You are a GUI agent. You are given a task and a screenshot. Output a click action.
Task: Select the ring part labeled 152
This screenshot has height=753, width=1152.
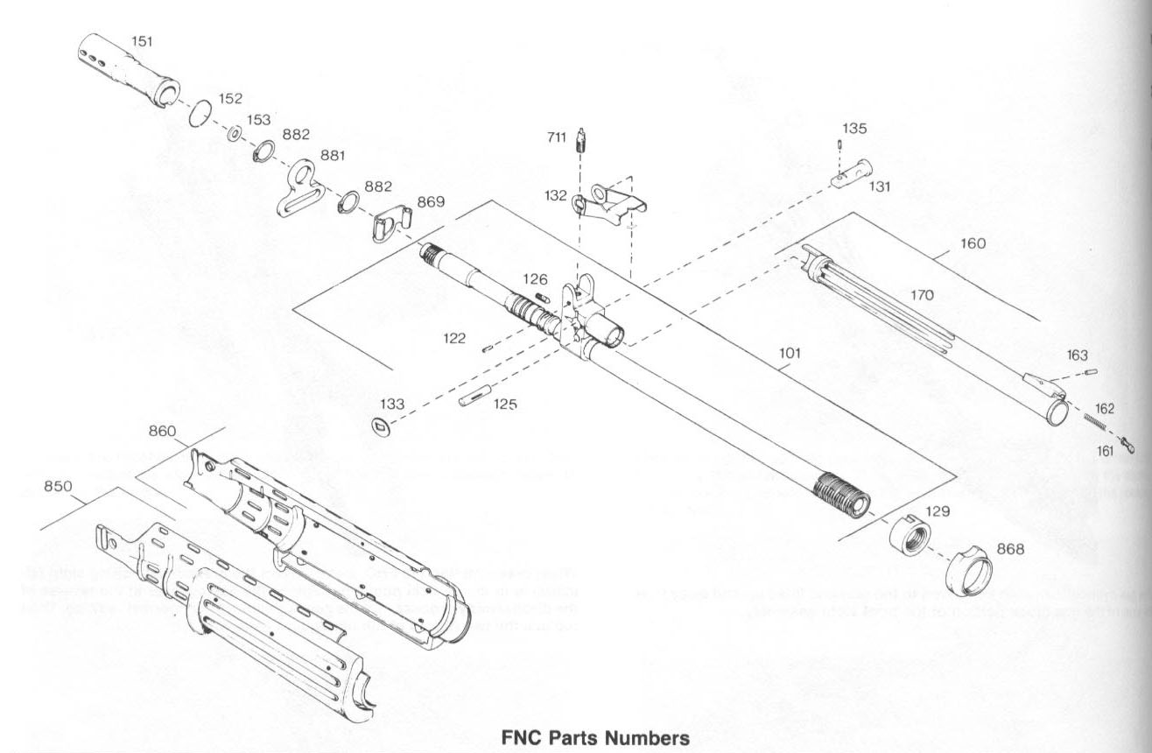pos(201,113)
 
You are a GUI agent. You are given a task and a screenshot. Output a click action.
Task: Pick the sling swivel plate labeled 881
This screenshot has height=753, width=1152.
pos(299,186)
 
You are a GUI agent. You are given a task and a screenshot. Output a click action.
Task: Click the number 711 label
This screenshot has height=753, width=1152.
pos(556,137)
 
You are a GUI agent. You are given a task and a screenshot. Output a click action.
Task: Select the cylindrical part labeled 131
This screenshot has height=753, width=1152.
pos(850,170)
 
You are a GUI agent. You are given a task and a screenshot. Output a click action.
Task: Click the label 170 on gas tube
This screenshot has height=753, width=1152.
pos(922,296)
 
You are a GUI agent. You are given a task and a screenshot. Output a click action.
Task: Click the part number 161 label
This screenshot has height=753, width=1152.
pos(1105,450)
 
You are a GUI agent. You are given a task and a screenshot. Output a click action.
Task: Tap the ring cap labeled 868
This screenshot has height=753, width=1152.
pos(970,567)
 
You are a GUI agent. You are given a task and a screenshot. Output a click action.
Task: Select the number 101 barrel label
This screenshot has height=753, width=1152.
pos(790,353)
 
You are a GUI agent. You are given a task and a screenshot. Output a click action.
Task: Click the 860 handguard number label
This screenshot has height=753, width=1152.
pos(163,431)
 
